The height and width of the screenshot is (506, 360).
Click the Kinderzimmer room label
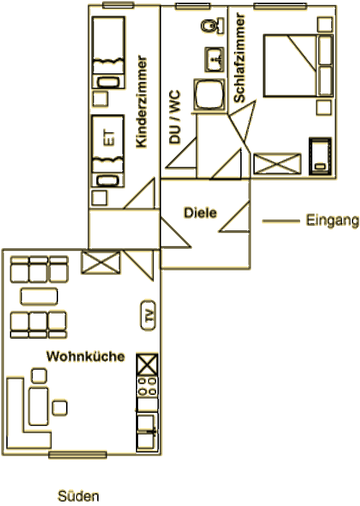(x=142, y=102)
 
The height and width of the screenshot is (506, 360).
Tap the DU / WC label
(x=175, y=117)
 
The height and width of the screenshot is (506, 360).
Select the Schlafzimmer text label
(x=239, y=58)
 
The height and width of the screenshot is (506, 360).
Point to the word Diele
(x=200, y=213)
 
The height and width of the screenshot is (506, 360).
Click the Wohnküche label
(x=85, y=357)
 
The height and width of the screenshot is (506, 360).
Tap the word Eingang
(x=332, y=221)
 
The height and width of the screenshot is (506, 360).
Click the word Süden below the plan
(x=78, y=496)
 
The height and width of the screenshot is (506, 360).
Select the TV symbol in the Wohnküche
(x=148, y=315)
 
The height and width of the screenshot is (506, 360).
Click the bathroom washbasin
(x=214, y=59)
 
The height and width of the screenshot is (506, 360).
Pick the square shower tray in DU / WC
(x=210, y=94)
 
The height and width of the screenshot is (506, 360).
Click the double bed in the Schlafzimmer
(x=298, y=66)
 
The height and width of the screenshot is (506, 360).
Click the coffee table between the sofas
(x=39, y=296)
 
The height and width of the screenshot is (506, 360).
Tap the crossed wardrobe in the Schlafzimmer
(x=277, y=163)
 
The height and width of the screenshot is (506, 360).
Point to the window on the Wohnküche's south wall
(x=77, y=455)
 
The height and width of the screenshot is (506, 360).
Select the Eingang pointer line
(x=281, y=221)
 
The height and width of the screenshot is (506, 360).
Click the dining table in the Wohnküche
(x=38, y=407)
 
